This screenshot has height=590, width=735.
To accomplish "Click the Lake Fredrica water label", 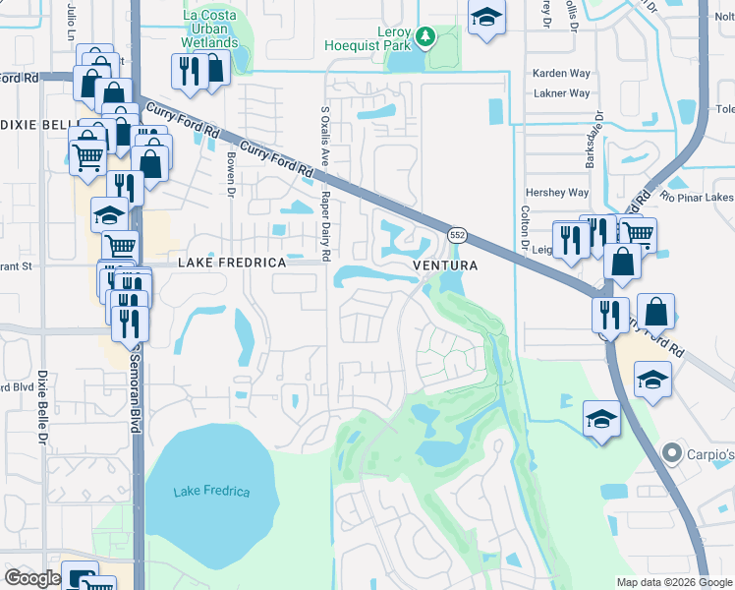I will (x=211, y=492).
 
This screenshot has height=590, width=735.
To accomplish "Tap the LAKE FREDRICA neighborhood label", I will (x=232, y=264).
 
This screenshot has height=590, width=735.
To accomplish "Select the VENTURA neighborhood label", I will (x=444, y=265).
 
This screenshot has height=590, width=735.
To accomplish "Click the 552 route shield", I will (x=457, y=235).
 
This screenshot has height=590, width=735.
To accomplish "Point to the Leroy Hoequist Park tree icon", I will (x=424, y=36).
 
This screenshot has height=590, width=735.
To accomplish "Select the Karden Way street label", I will (x=561, y=74).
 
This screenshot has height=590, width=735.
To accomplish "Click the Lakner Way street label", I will (x=561, y=93).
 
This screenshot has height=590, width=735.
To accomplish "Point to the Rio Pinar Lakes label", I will (x=698, y=196).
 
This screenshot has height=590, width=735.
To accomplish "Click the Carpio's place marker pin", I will (x=672, y=453).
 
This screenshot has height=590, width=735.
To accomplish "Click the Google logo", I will (x=32, y=578).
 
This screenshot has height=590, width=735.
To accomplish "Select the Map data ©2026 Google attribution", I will (x=674, y=582).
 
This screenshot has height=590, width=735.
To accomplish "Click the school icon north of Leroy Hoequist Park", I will (x=485, y=18).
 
